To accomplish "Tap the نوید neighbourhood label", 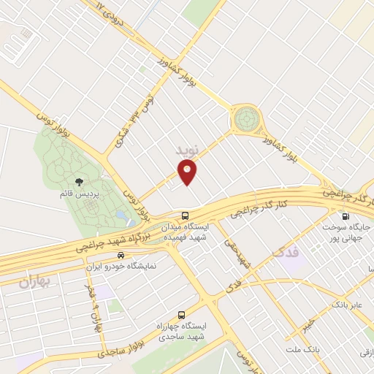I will pos(187,150).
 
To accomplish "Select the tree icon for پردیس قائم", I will pos(79,182).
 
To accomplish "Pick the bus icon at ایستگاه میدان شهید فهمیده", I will pos(186,215).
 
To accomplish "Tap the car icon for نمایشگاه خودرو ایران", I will pos(119,256).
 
